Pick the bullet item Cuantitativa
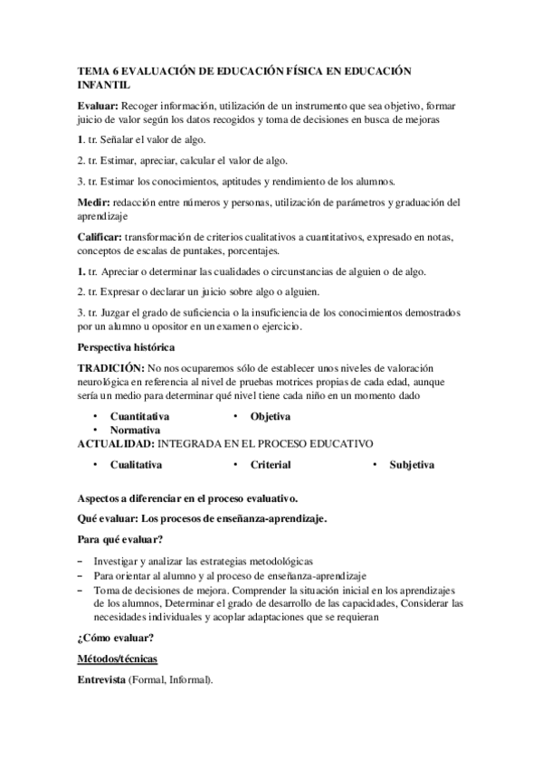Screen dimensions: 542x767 pyautogui.click(x=139, y=416)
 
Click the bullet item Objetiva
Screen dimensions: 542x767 pyautogui.click(x=271, y=416)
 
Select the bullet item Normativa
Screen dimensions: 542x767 pyautogui.click(x=136, y=431)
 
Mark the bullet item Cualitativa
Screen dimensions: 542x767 pyautogui.click(x=137, y=465)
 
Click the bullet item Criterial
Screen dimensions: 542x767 pyautogui.click(x=271, y=465)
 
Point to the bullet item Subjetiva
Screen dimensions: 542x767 pyautogui.click(x=412, y=465)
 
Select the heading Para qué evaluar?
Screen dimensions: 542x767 pyautogui.click(x=119, y=541)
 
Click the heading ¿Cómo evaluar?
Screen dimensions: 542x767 pyautogui.click(x=115, y=637)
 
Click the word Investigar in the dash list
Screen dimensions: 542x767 pyautogui.click(x=119, y=561)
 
